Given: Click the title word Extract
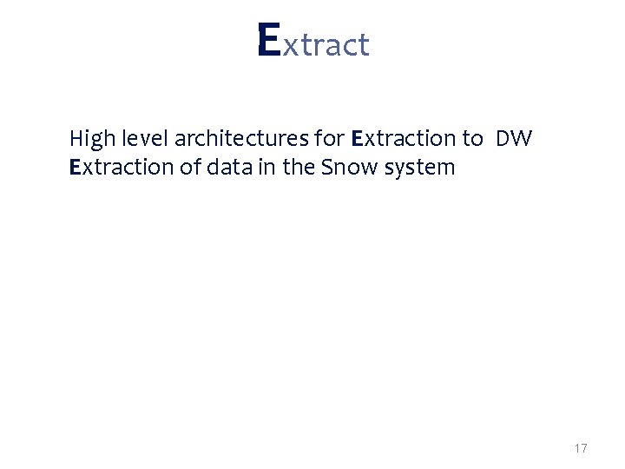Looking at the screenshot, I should pos(313,43).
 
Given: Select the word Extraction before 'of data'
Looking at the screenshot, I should pos(122,167).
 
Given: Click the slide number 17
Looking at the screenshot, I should pos(581,449).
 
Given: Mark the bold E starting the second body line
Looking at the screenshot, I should pos(75,167).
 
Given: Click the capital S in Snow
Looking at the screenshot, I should pos(327,167).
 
